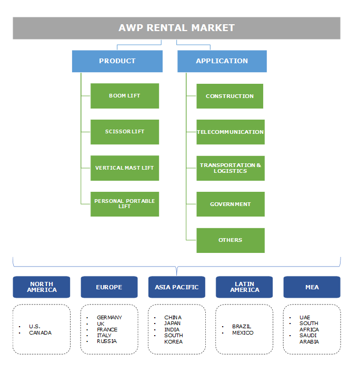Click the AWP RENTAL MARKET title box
pos(176,28)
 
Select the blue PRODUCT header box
pos(117,61)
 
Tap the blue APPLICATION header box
pos(222,61)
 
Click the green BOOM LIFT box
pos(125,96)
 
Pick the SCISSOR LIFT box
pos(125,132)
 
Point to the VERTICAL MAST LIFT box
pos(125,168)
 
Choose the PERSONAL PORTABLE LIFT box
pos(125,204)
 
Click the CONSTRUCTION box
pos(229,96)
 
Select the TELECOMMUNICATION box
pos(230,132)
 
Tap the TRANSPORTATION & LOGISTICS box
pos(230,168)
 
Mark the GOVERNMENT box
pos(230,204)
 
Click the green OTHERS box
pos(230,240)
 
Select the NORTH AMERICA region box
pos(42,287)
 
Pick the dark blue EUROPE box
pos(109,287)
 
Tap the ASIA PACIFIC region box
pos(177,287)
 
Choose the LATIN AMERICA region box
pos(244,287)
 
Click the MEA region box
pos(312,287)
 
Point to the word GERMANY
pos(109,318)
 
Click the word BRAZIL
pos(242,327)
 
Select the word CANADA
pos(41,333)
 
